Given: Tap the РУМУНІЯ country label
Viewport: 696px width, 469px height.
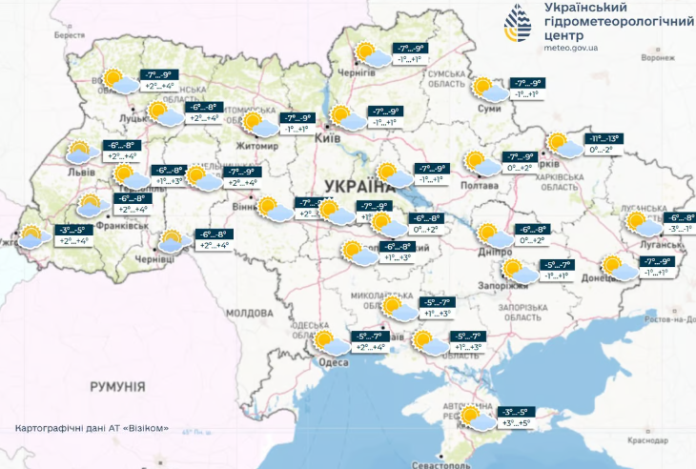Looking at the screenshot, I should pyautogui.click(x=117, y=386).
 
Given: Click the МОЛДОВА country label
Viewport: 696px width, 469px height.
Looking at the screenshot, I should pyautogui.click(x=251, y=312).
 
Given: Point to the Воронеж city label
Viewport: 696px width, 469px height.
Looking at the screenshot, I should pyautogui.click(x=658, y=57).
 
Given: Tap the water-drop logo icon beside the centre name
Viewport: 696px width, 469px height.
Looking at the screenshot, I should pyautogui.click(x=520, y=25).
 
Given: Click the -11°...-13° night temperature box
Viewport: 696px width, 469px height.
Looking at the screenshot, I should pyautogui.click(x=603, y=138).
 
